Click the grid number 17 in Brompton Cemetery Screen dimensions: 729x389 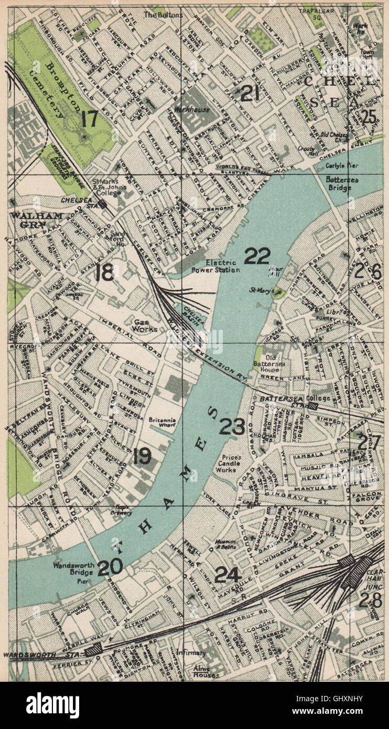(x=89, y=119)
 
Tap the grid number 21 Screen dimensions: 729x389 (x=250, y=93)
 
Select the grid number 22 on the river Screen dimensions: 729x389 (x=257, y=256)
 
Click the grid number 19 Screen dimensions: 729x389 (x=142, y=456)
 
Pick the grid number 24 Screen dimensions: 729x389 (x=228, y=575)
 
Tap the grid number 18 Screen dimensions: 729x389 (x=105, y=272)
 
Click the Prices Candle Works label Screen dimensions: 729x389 (x=228, y=464)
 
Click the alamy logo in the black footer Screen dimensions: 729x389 (x=53, y=705)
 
